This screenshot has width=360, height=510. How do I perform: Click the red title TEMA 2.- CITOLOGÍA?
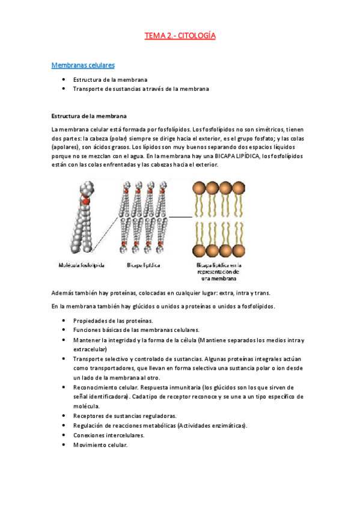tap(180, 35)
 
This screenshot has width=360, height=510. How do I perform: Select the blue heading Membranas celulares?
tap(83, 66)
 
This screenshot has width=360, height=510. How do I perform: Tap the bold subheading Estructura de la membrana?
tap(89, 116)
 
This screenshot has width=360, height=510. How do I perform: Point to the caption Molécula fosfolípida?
tap(81, 265)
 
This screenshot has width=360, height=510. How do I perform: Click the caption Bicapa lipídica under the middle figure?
tap(143, 265)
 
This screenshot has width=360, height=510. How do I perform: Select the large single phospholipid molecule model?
tap(82, 217)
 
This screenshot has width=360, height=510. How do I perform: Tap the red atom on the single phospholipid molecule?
tap(85, 200)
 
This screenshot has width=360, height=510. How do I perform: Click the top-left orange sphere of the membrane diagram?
tap(199, 188)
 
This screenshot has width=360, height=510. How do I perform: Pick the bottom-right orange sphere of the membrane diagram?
tap(239, 251)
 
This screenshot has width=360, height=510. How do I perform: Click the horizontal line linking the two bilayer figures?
tap(181, 217)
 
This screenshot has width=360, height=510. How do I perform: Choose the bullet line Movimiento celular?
tap(100, 445)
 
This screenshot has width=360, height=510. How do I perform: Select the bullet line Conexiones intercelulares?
tap(109, 435)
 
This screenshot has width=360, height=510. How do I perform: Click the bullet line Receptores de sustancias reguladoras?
tap(125, 416)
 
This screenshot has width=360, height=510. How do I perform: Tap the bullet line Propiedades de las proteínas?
tap(113, 321)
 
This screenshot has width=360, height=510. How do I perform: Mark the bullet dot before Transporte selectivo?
tap(64, 358)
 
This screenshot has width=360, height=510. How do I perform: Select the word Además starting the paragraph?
tap(63, 293)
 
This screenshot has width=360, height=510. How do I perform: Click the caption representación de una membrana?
tap(218, 275)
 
